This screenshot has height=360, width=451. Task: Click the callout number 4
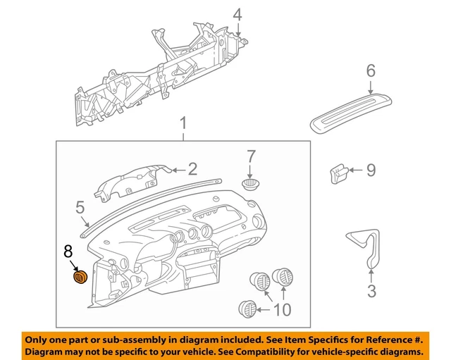[237, 14]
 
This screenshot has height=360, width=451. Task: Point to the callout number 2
[192, 168]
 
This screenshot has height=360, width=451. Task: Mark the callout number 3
[371, 290]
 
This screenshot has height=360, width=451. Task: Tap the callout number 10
[282, 309]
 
